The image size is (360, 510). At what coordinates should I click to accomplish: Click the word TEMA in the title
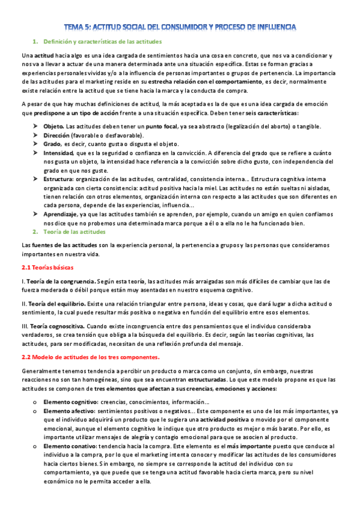coord(75,27)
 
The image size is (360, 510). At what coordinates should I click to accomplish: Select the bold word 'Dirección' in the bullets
coord(56,135)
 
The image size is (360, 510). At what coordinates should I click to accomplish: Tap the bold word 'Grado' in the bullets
coord(52,144)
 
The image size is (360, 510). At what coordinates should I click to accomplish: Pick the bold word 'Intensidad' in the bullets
coord(58,153)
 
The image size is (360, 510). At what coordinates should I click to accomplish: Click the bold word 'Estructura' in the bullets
coord(58,180)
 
